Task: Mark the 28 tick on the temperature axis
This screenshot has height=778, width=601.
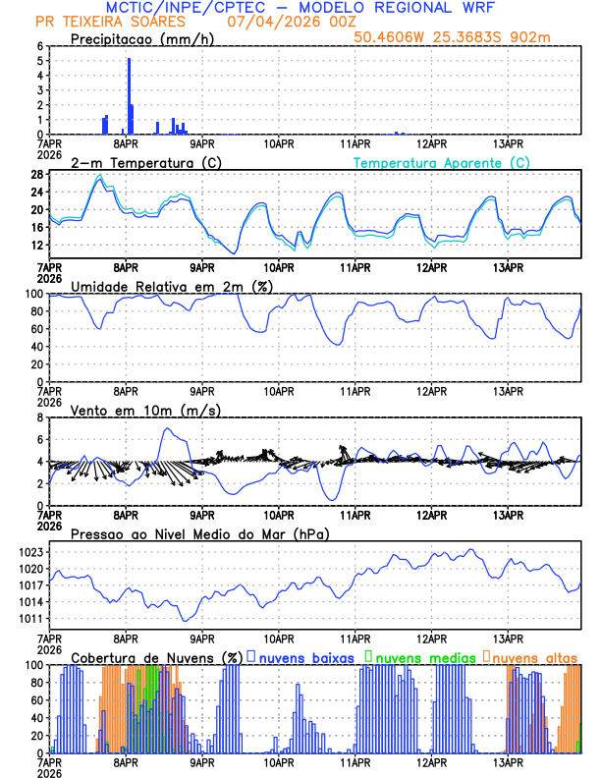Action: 35,175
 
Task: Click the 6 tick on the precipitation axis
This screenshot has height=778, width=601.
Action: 38,46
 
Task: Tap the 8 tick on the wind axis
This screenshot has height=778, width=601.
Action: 38,417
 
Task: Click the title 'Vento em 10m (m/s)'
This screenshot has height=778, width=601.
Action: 132,410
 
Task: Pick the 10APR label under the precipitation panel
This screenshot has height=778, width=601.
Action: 279,143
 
